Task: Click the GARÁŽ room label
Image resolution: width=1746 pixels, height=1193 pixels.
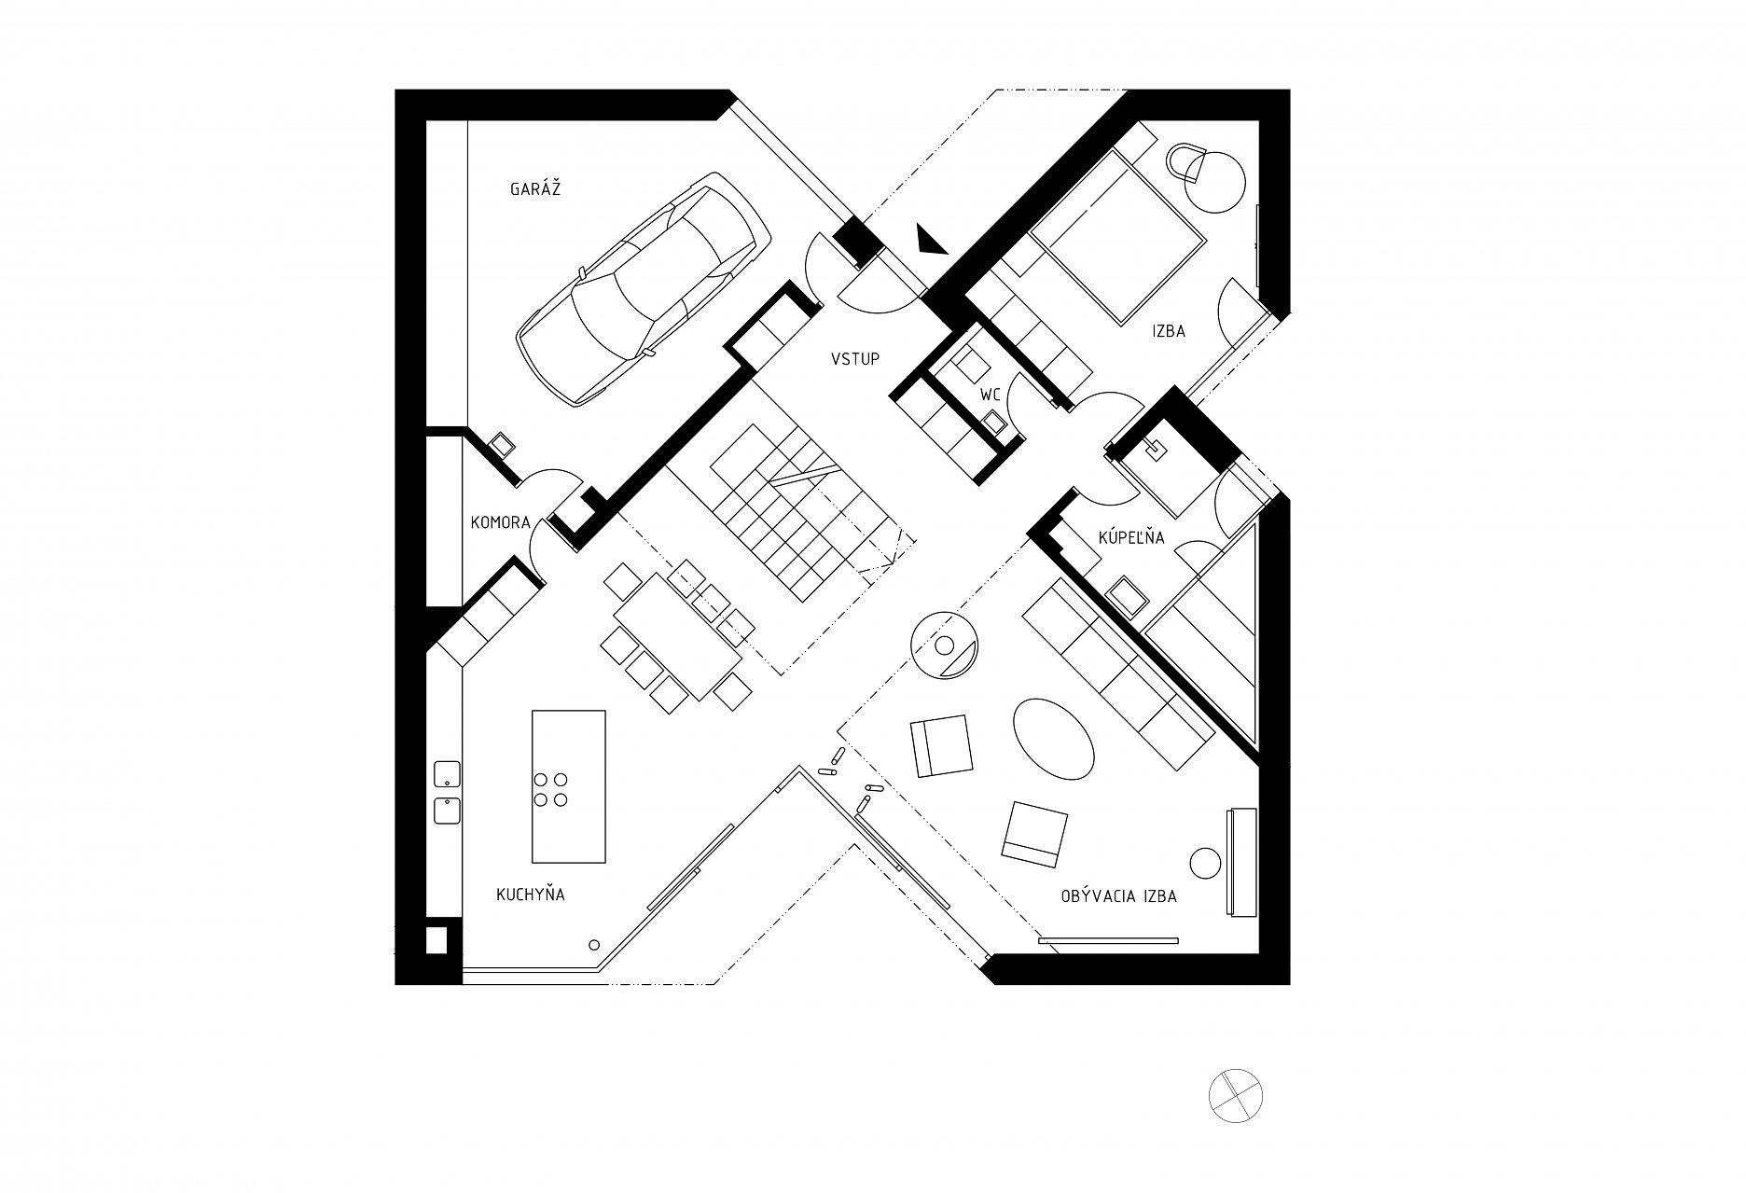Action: (534, 189)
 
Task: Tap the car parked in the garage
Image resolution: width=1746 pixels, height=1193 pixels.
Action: (644, 289)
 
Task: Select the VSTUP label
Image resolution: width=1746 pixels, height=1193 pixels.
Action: (855, 358)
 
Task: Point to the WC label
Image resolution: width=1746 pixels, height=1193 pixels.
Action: (990, 395)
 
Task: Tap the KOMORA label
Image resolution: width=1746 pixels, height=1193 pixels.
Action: (500, 522)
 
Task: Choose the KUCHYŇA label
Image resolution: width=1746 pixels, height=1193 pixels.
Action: (530, 894)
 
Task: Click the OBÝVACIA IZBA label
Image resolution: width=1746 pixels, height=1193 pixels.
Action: (1118, 896)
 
